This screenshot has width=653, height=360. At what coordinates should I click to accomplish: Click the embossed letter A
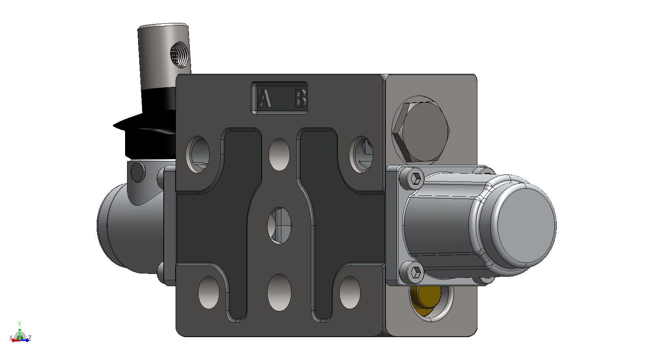(x=265, y=98)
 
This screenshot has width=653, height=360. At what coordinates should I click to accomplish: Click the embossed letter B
(x=301, y=98)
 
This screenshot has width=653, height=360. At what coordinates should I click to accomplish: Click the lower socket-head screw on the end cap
(x=416, y=272)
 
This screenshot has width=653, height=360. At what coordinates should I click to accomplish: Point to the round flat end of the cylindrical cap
(x=526, y=225)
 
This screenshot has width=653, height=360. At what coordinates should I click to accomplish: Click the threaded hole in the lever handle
(x=179, y=54)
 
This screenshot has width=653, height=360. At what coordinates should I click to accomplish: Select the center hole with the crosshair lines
(x=279, y=225)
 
